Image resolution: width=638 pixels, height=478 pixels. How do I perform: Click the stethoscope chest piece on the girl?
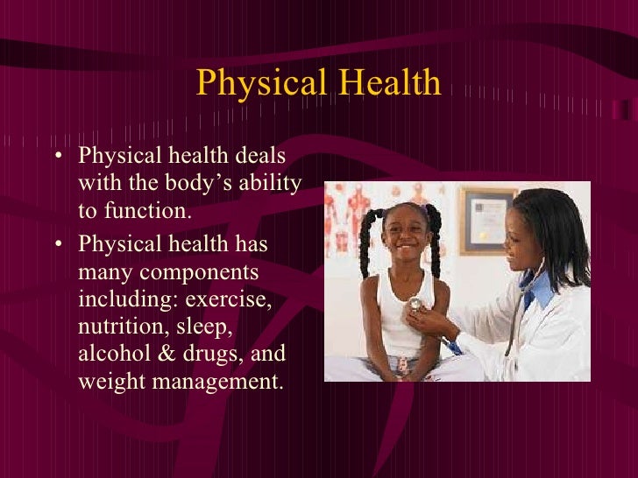point(415,304)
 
